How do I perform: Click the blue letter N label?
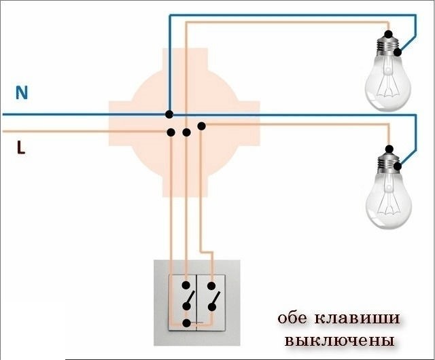pos(22,92)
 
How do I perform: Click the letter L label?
pos(21,147)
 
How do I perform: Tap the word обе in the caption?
pos(292,318)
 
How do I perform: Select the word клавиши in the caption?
pos(358,319)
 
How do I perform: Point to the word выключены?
pos(339,340)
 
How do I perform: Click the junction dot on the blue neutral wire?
pos(169,114)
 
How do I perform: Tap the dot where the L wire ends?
pos(171,132)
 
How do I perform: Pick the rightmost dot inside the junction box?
pos(201,126)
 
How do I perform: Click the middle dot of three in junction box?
pos(186,132)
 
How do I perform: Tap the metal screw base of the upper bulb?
pos(388,46)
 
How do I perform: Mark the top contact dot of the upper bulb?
pos(389,34)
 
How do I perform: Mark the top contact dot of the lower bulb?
pos(389,149)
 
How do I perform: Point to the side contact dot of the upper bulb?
pos(397,52)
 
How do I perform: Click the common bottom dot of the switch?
pos(187,323)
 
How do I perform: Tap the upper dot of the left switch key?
pos(186,285)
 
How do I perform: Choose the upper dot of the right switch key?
pos(211,286)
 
